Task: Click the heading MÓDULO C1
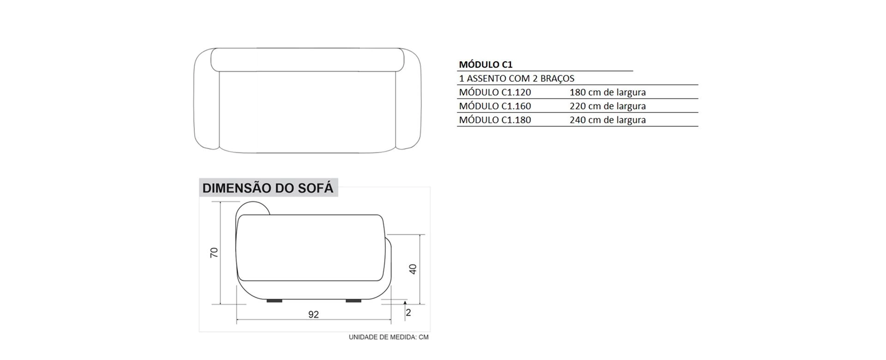pos(485,65)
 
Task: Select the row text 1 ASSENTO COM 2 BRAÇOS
pos(516,78)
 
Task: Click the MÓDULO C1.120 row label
pos(495,92)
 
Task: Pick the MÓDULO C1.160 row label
pos(495,106)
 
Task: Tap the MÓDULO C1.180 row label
pos(495,120)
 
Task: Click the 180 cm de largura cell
pos(608,92)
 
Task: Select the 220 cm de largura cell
pos(608,106)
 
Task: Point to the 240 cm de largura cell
pos(608,120)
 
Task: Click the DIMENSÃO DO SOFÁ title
pos(268,188)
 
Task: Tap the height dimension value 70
pos(214,252)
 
